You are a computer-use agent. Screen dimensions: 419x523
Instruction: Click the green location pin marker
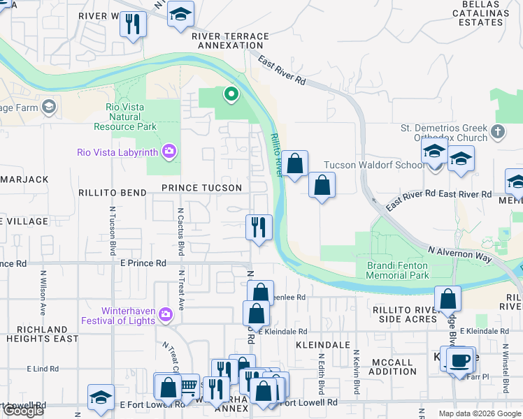[230, 93]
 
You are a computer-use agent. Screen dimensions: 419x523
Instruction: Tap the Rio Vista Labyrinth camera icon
[169, 152]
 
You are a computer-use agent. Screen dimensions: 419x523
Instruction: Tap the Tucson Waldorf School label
[373, 166]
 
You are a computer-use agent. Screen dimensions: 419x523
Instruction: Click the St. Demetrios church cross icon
[497, 131]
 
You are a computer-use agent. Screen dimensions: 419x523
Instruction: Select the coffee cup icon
[459, 360]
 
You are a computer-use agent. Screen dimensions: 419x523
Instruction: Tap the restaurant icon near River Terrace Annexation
[131, 24]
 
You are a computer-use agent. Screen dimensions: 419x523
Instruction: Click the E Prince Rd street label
[143, 263]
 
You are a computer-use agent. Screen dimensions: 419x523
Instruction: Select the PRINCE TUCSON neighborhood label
[201, 188]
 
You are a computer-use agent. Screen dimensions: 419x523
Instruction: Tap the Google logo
[23, 411]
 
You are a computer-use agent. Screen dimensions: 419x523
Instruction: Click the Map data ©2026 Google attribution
[479, 413]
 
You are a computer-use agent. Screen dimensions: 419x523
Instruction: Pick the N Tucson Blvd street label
[112, 230]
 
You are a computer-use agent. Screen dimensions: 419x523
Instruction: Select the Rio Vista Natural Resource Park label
[126, 117]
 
